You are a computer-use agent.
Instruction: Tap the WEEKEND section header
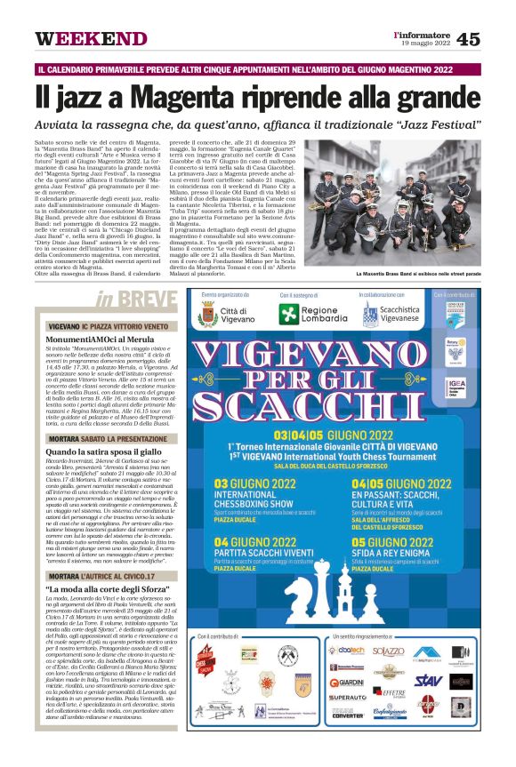click(x=92, y=40)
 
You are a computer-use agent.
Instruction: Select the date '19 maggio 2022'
click(x=426, y=44)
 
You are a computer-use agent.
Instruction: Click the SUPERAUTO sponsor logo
click(x=347, y=698)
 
